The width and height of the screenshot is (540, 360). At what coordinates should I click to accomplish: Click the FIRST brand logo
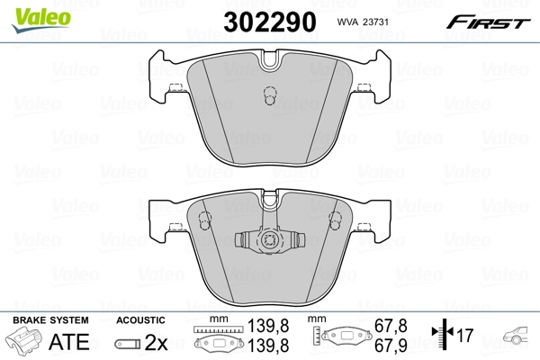coord(493,21)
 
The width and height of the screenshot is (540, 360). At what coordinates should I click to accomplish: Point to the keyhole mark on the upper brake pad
coord(267,97)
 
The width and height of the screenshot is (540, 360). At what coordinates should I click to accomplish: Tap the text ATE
coord(68,342)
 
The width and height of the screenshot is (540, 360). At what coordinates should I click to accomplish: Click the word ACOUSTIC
coord(141,320)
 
